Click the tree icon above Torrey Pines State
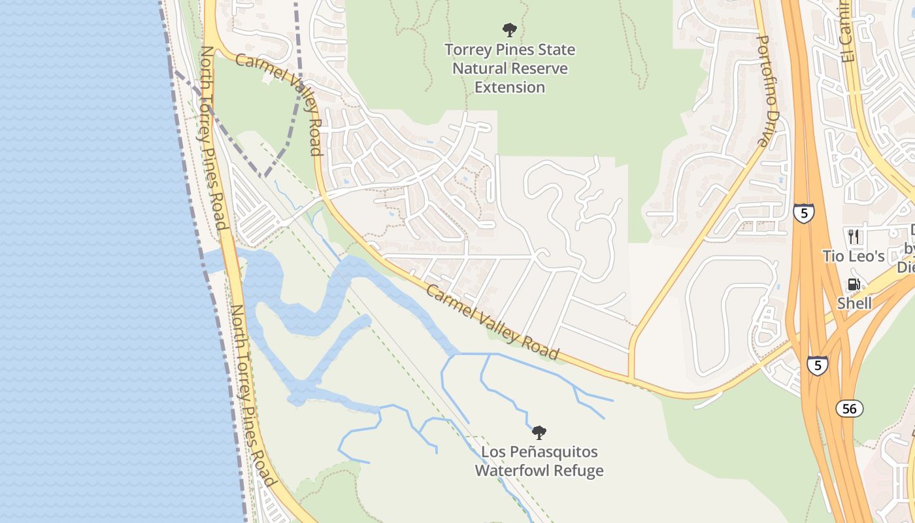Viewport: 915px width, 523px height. [x=510, y=30]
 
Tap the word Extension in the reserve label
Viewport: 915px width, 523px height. [x=510, y=87]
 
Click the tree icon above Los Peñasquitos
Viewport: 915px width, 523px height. [x=539, y=432]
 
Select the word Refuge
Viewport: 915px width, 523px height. [x=580, y=471]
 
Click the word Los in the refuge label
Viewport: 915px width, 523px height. [x=493, y=452]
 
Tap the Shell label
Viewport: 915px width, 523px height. [x=854, y=303]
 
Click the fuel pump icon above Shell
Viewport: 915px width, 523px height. [x=854, y=284]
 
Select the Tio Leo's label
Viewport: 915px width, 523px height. [x=854, y=256]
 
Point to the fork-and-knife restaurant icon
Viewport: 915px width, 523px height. [x=854, y=236]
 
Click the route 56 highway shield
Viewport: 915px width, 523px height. [x=849, y=409]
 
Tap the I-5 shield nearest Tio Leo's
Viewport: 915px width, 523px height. [x=804, y=213]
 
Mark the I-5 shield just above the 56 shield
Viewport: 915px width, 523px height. [x=817, y=365]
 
